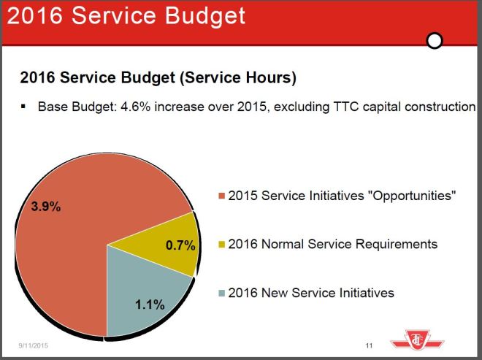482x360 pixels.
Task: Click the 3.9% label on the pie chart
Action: (x=45, y=207)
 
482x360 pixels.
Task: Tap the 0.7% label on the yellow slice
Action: (x=180, y=245)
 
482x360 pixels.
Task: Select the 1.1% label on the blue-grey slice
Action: (x=150, y=305)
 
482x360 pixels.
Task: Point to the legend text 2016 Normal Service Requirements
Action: (x=332, y=244)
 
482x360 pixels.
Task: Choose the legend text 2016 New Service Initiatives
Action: (x=311, y=293)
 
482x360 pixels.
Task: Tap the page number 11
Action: (x=369, y=345)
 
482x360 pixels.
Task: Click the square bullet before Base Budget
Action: (x=24, y=107)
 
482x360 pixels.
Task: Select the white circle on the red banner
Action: (x=435, y=41)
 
